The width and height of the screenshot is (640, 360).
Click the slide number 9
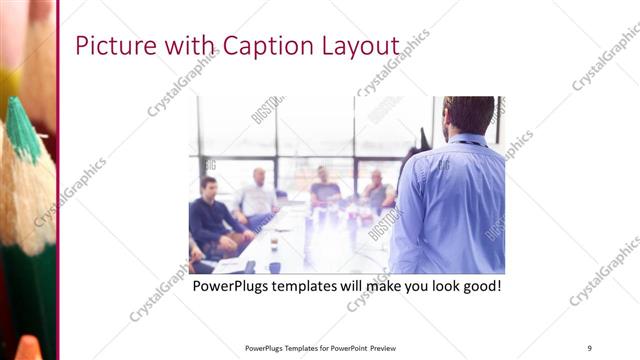[x=590, y=348]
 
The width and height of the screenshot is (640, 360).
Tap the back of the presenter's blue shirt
[x=449, y=200]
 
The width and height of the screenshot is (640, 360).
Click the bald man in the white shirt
[x=258, y=196]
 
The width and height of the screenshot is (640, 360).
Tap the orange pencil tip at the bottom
[x=29, y=348]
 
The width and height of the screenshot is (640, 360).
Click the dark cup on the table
[x=274, y=266]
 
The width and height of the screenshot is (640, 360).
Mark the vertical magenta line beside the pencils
[x=59, y=180]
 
